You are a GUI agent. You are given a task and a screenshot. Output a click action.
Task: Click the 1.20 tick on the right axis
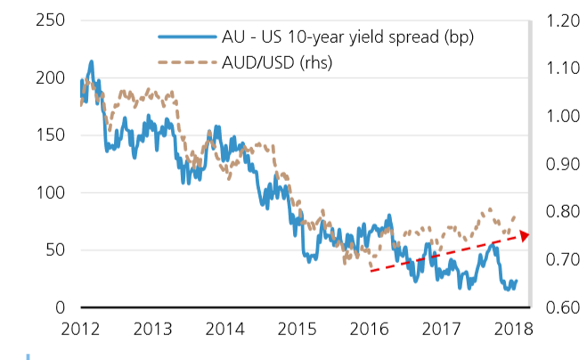556,20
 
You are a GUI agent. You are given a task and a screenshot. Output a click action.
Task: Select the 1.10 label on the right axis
556,69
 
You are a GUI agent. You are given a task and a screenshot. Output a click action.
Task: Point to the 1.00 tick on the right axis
556,116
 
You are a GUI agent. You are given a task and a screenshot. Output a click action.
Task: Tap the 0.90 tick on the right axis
556,164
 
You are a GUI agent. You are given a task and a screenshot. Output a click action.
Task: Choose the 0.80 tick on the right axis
556,212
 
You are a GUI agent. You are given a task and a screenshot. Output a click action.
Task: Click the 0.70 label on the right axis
556,259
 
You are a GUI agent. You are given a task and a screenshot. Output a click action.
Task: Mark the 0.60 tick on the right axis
556,307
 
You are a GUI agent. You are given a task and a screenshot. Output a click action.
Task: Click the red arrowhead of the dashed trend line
523,235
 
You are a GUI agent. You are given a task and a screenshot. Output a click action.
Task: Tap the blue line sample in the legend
185,37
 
